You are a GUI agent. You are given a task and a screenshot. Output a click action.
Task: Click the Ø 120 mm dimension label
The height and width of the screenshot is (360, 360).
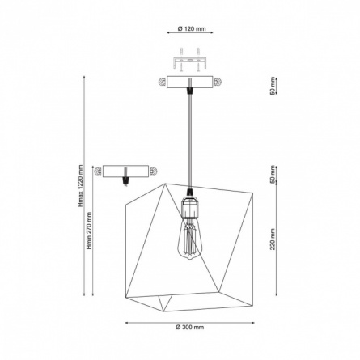(x=192, y=28)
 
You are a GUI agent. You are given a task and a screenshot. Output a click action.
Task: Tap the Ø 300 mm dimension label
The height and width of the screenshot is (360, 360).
(x=190, y=328)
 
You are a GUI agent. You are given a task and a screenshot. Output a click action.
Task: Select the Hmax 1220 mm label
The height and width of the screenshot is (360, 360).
(x=80, y=186)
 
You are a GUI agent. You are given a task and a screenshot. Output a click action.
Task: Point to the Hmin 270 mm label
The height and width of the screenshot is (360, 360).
(x=89, y=231)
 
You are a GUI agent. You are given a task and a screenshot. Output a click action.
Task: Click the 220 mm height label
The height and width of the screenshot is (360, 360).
(x=273, y=239)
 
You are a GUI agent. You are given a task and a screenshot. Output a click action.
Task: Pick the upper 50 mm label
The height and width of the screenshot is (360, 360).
(x=273, y=86)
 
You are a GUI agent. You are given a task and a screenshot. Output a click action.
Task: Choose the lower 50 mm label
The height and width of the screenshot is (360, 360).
(x=273, y=175)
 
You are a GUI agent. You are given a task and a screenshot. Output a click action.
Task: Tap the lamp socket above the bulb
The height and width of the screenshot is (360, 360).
(x=190, y=207)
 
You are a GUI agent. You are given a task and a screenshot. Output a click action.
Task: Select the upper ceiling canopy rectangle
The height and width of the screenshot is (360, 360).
(x=190, y=82)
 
